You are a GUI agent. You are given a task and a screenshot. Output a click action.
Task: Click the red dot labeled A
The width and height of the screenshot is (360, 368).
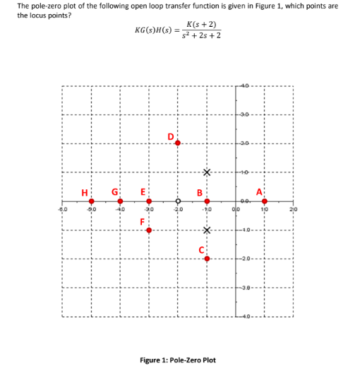[264, 201]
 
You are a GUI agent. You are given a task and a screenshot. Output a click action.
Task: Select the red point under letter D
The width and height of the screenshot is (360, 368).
[178, 143]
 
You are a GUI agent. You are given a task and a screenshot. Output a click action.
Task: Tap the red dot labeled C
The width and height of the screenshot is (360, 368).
[207, 259]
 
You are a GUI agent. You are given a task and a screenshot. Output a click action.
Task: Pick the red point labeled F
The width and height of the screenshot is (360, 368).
[149, 230]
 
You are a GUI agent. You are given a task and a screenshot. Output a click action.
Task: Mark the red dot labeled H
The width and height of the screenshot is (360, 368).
[91, 201]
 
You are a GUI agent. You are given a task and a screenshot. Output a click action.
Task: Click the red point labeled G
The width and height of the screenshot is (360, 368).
[120, 201]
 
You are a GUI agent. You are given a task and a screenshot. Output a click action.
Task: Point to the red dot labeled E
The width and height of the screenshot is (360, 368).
[149, 201]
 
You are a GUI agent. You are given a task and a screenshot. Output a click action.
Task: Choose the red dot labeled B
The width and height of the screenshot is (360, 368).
[207, 201]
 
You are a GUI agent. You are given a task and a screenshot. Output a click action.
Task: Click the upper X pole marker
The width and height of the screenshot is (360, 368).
[207, 172]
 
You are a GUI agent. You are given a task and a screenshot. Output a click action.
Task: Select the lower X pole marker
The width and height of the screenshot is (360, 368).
[207, 230]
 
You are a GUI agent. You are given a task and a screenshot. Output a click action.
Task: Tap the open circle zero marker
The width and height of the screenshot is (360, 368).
[178, 201]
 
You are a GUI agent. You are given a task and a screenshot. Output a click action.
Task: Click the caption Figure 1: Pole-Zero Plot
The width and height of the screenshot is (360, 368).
[178, 360]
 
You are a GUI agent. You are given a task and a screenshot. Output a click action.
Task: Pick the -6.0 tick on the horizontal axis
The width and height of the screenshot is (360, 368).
[62, 210]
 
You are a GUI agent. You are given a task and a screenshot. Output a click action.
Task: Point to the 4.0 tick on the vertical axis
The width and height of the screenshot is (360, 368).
[246, 85]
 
